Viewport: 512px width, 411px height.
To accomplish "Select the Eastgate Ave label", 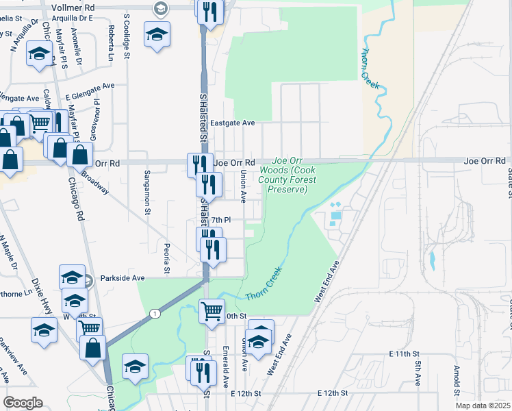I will point(232,123).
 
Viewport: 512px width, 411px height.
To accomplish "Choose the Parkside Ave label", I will point(123,278).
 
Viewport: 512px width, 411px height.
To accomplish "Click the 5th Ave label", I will point(417,373).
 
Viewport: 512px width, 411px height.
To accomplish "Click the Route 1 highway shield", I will point(156,313).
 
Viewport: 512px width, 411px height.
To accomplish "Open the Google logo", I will point(23,403).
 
